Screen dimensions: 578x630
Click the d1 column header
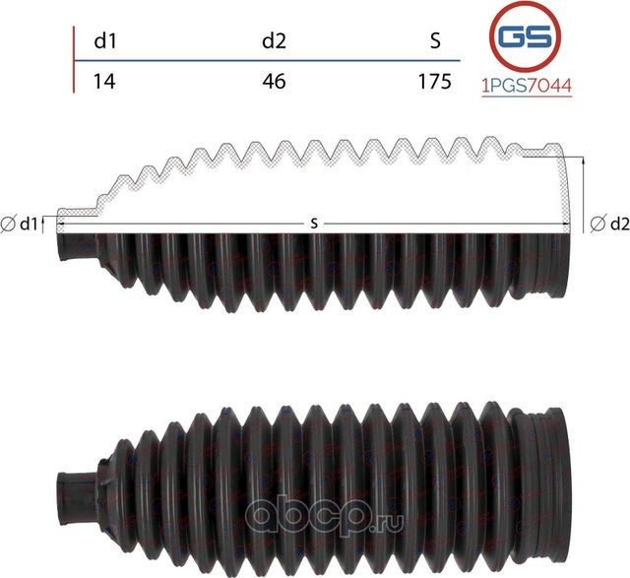tap(103, 41)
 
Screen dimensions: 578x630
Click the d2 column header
tap(274, 41)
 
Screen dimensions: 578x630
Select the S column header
tap(435, 41)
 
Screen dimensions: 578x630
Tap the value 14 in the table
tap(103, 82)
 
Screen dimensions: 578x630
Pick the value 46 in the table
tap(274, 82)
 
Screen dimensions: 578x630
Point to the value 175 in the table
tap(433, 82)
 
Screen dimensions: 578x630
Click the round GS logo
tap(525, 37)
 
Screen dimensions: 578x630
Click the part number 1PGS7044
tap(525, 86)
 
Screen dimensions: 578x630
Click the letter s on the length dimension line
tap(313, 225)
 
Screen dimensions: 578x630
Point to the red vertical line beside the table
tap(75, 59)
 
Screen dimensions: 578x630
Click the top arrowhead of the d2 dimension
tap(585, 160)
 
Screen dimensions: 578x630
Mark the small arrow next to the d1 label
tap(45, 223)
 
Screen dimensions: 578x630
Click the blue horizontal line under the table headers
tap(266, 61)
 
